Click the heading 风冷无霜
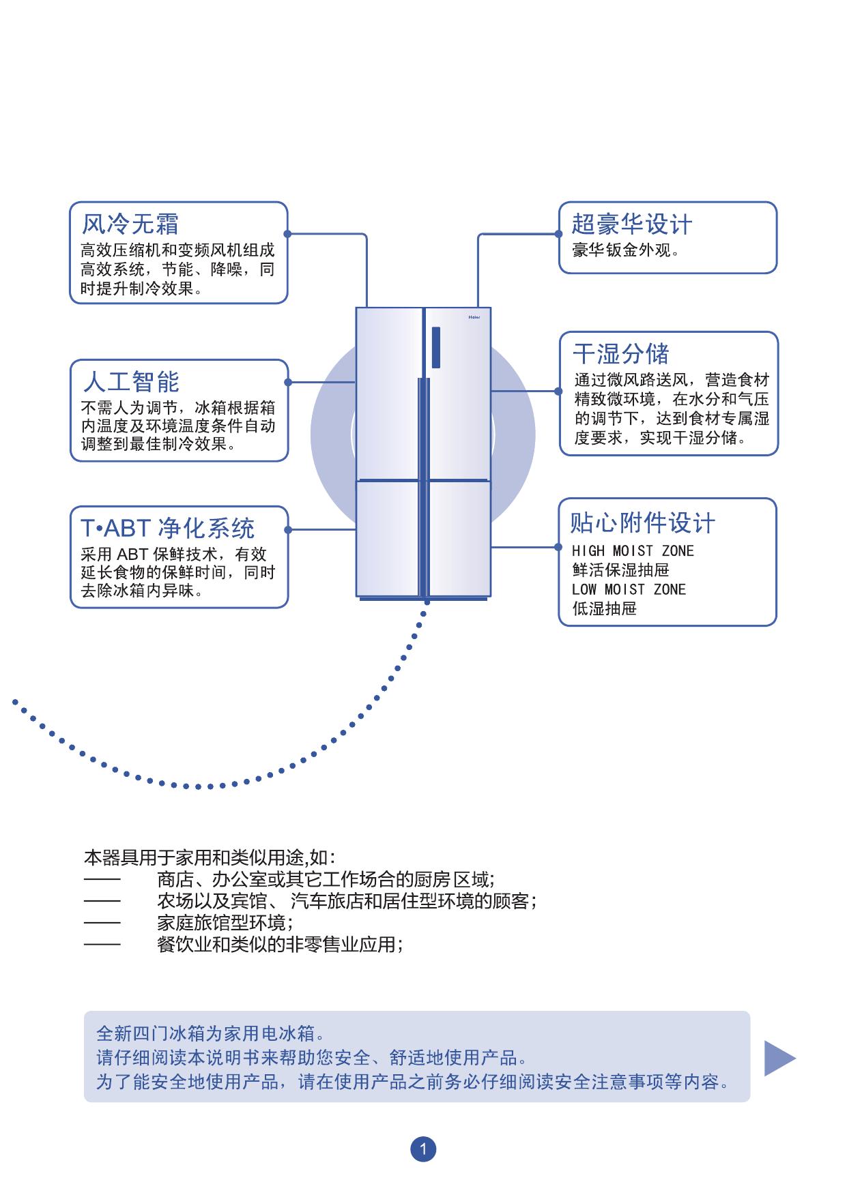coord(130,224)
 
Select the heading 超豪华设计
coord(631,224)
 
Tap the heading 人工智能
coord(131,381)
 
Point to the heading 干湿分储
coord(620,354)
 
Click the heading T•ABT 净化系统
coord(168,528)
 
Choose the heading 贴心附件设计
coord(642,523)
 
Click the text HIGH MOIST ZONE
coord(633,551)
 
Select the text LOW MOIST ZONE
coord(629,589)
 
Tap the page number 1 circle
coord(423,1149)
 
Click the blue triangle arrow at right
coord(778,1058)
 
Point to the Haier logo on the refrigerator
coord(474,317)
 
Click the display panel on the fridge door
coord(435,347)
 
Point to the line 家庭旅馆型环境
coord(225,923)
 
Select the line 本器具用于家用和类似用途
coord(210,857)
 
